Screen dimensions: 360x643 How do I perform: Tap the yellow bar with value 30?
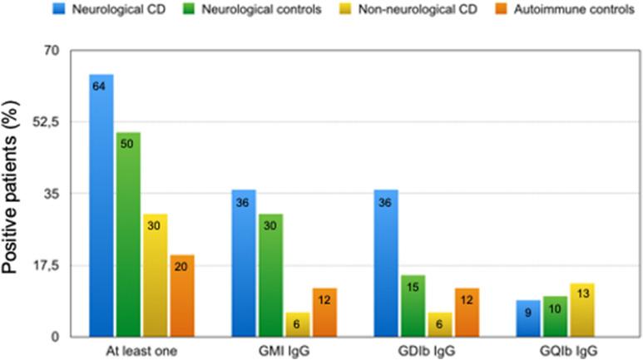click(x=155, y=275)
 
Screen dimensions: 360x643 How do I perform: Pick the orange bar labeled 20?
click(x=181, y=296)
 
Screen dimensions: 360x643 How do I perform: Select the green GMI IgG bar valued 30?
click(x=271, y=275)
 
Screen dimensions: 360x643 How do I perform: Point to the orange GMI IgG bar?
click(x=324, y=313)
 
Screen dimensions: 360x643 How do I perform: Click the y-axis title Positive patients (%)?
click(x=15, y=196)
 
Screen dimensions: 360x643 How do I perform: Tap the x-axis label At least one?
click(x=141, y=350)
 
